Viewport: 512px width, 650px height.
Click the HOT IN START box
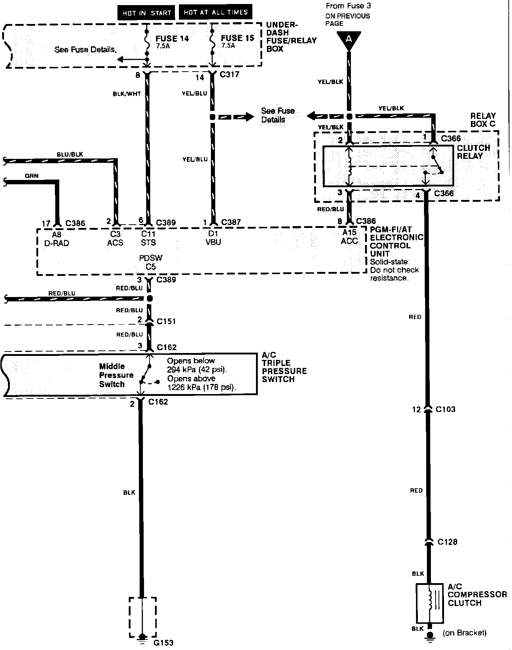point(146,13)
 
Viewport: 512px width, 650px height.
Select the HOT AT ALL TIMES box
point(215,12)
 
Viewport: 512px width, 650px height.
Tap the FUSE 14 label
point(172,39)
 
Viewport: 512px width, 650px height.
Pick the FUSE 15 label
point(237,38)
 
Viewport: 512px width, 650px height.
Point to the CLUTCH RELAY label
point(473,152)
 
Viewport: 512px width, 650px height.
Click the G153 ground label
point(163,643)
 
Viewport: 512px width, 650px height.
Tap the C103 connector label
point(445,409)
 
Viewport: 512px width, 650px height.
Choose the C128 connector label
point(447,542)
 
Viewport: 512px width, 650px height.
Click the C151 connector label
point(166,321)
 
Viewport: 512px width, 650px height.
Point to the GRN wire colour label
point(32,176)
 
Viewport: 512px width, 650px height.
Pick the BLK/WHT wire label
point(127,94)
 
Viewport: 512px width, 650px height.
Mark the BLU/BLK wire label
point(70,155)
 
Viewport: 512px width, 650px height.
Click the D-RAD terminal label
point(56,243)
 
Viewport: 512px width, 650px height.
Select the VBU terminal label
point(213,242)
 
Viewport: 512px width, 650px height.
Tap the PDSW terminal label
point(151,258)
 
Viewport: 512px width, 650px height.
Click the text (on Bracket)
point(464,633)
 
